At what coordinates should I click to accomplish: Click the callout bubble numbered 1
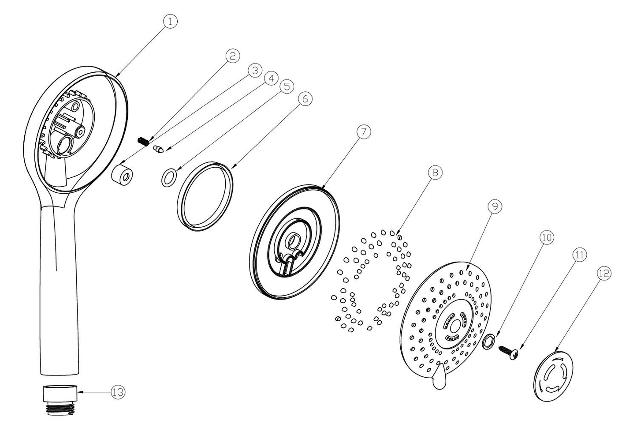click(x=170, y=22)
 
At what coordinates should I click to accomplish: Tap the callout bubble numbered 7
click(x=364, y=132)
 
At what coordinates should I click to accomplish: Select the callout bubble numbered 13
click(x=118, y=392)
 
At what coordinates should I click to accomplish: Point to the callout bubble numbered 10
click(x=547, y=238)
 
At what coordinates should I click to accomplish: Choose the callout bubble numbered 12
click(x=604, y=274)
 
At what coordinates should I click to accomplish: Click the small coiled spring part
click(x=143, y=141)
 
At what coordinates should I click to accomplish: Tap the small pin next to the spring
click(x=158, y=149)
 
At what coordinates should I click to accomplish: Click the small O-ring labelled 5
click(x=169, y=178)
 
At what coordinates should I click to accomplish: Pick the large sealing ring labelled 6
click(x=205, y=196)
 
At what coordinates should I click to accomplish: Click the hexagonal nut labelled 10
click(x=489, y=342)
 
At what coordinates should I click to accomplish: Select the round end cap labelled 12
click(x=554, y=376)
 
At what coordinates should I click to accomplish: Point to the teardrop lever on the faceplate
click(x=440, y=377)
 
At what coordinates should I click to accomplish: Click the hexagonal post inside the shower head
click(x=81, y=131)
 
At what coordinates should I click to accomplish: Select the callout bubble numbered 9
click(x=495, y=206)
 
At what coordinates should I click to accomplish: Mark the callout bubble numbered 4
click(x=271, y=78)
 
